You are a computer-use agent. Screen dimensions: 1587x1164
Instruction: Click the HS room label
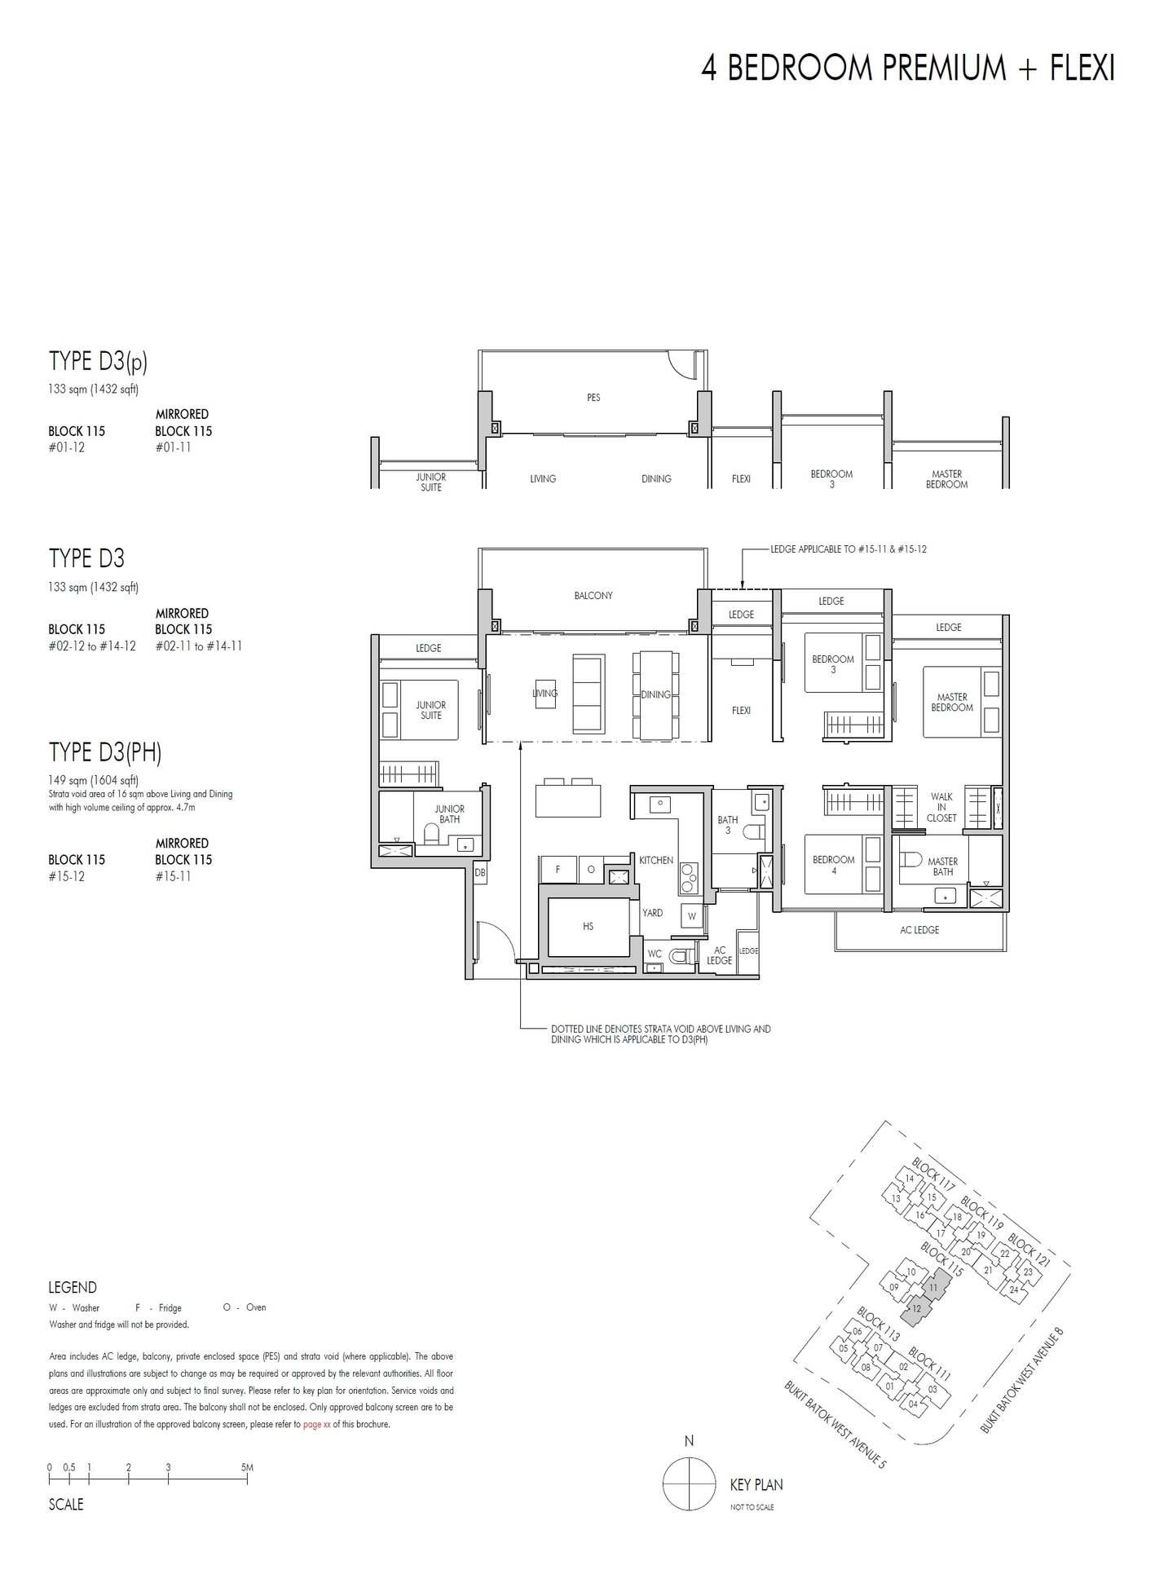tap(588, 926)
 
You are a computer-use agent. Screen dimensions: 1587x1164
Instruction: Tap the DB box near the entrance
tap(479, 872)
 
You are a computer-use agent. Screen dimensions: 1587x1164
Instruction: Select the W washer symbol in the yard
tap(691, 915)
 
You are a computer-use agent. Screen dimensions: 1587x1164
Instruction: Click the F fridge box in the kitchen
tap(558, 869)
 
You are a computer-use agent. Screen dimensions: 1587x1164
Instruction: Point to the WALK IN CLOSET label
tap(941, 807)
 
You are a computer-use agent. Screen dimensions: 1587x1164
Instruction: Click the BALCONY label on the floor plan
tap(593, 596)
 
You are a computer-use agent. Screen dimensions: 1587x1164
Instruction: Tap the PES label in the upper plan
tap(593, 398)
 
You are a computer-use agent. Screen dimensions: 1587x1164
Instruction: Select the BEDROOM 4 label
tap(833, 865)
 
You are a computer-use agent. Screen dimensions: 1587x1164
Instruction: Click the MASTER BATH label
tap(942, 866)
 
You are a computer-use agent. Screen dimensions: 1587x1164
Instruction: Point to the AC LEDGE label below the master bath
tap(919, 930)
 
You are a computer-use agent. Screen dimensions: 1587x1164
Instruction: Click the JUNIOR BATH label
tap(449, 814)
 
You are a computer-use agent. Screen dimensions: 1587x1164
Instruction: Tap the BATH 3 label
tap(727, 825)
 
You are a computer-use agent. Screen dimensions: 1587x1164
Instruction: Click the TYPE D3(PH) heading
tap(105, 752)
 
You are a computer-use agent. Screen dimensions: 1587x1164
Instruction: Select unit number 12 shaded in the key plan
tap(916, 1309)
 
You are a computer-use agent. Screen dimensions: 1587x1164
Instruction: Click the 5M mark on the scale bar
tap(247, 1467)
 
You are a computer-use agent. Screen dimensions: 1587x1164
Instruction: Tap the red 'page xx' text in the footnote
tap(316, 1425)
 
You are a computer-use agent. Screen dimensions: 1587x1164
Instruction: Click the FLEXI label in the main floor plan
tap(740, 711)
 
